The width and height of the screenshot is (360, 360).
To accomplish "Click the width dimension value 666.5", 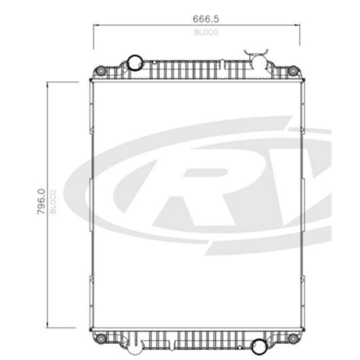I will pyautogui.click(x=195, y=18).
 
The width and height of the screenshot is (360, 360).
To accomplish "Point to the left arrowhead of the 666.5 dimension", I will pyautogui.click(x=95, y=26).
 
